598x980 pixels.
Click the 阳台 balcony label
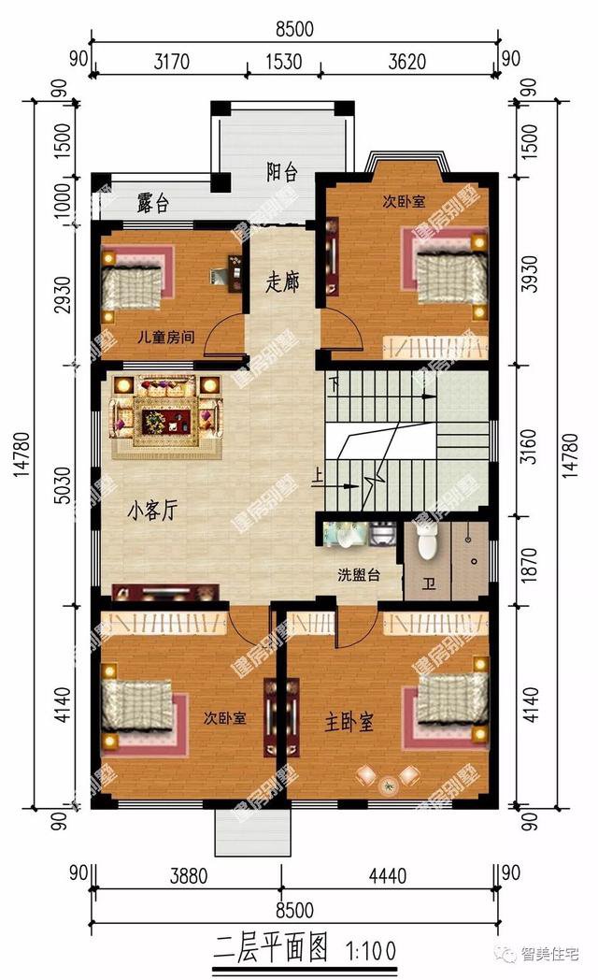pyautogui.click(x=282, y=172)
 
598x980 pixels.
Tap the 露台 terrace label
pyautogui.click(x=153, y=204)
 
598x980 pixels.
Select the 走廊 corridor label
pyautogui.click(x=282, y=281)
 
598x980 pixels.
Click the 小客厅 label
pyautogui.click(x=153, y=512)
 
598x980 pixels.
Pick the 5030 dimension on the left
pyautogui.click(x=60, y=486)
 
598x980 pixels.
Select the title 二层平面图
pyautogui.click(x=271, y=951)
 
